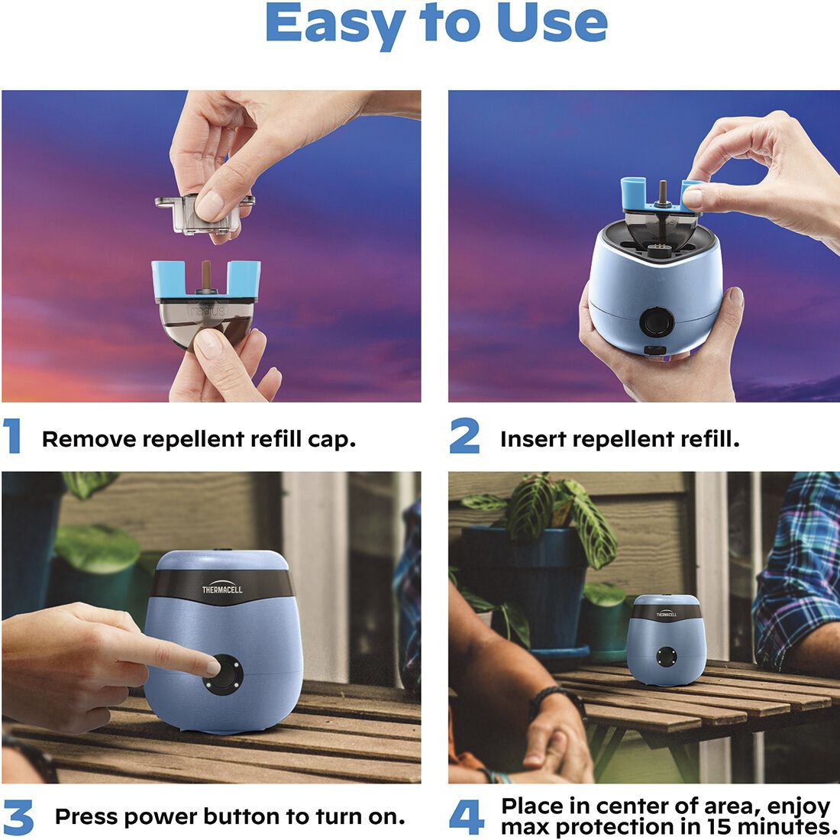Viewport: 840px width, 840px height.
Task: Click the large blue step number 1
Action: coord(12,436)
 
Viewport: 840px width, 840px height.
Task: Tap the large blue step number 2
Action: coord(464,436)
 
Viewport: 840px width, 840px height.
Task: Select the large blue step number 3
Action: coord(18,817)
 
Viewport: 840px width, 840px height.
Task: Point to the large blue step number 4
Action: coord(466,817)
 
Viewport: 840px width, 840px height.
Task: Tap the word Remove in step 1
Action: coord(89,439)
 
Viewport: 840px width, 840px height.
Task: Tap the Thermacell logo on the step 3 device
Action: coord(222,589)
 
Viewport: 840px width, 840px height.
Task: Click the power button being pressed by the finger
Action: coord(225,673)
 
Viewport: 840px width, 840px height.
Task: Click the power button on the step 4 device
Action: coord(667,656)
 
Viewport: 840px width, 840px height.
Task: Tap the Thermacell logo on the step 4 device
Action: coord(666,612)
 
